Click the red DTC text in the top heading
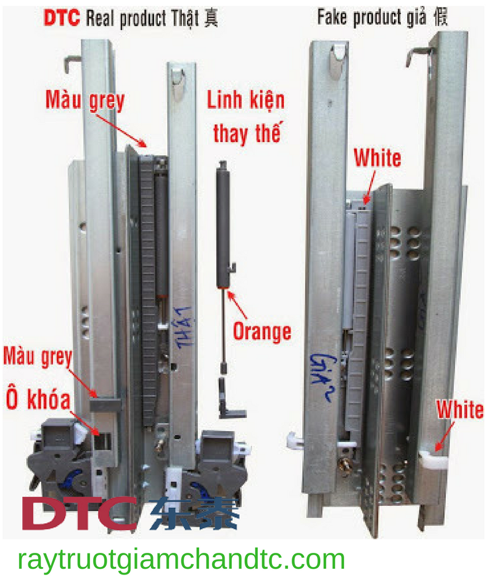pyautogui.click(x=62, y=18)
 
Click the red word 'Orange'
pyautogui.click(x=262, y=331)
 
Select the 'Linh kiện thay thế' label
pyautogui.click(x=246, y=117)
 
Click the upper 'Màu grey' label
pyautogui.click(x=84, y=100)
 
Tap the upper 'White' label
pyautogui.click(x=377, y=158)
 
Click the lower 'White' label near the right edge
pyautogui.click(x=459, y=409)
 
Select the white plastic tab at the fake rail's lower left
pyautogui.click(x=294, y=441)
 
